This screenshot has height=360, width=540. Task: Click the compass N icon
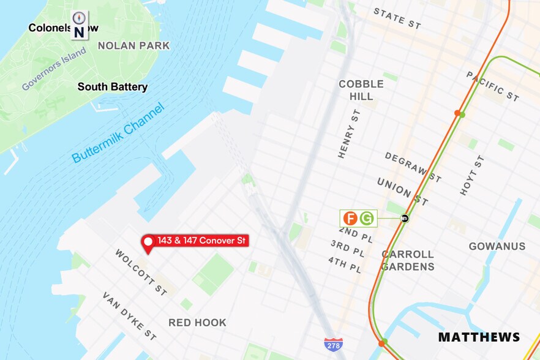[79, 25]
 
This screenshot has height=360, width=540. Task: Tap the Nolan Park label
[134, 46]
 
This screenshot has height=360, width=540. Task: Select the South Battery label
[113, 87]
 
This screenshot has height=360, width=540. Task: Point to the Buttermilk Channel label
[118, 133]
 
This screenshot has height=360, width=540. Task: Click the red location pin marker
[148, 243]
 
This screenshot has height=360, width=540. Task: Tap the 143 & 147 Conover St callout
[201, 241]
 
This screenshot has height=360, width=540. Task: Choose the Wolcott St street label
[141, 272]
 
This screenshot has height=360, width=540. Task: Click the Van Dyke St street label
[129, 316]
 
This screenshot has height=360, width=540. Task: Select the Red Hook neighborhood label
[197, 323]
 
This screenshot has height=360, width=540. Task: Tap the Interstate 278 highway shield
[333, 344]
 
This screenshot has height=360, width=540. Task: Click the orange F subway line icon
[350, 218]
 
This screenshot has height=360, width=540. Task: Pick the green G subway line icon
[367, 218]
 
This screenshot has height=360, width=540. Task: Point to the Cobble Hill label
[361, 90]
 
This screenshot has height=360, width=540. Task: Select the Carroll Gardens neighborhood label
[408, 260]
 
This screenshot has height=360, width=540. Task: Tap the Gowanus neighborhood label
[497, 246]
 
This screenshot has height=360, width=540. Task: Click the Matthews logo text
[479, 337]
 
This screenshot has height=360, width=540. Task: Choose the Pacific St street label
[492, 86]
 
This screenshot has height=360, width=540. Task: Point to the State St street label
[397, 18]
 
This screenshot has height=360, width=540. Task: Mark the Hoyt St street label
[471, 175]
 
